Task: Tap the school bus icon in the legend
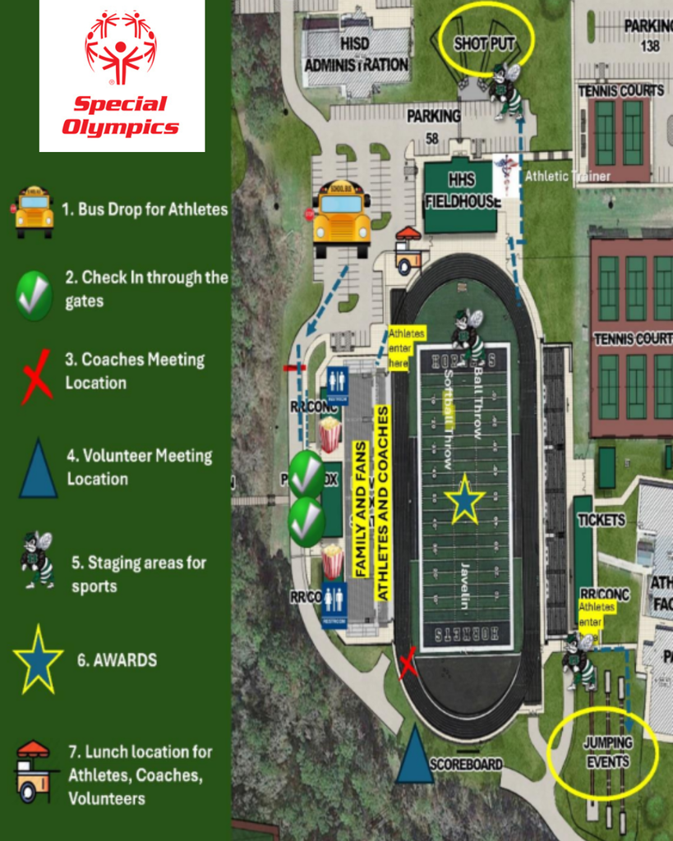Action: click(x=34, y=211)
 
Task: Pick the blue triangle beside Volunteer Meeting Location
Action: click(x=38, y=470)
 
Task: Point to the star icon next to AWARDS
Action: click(x=38, y=659)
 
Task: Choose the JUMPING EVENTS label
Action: click(x=607, y=752)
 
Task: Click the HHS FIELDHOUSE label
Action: click(x=462, y=191)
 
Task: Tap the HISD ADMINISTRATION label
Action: click(x=357, y=53)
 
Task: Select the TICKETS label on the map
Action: click(x=602, y=520)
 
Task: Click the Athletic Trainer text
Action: click(x=568, y=176)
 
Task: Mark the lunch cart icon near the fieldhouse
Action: click(x=407, y=250)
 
